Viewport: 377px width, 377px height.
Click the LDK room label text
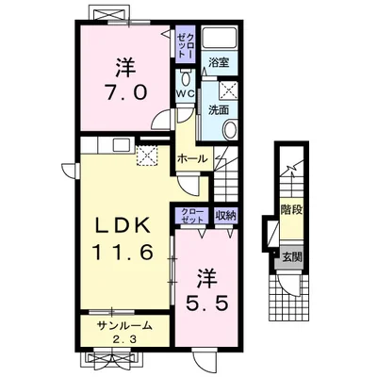123,225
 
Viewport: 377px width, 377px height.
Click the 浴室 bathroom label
219,62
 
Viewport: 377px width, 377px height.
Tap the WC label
186,93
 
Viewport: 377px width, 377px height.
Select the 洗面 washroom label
219,110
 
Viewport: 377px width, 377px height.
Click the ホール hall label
192,159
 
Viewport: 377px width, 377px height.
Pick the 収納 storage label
226,216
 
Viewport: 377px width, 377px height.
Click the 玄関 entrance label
292,257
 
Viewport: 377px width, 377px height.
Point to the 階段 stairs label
292,209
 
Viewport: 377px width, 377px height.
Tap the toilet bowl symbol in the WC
186,77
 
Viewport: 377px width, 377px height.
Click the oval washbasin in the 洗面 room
231,130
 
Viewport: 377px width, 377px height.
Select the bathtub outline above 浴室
220,38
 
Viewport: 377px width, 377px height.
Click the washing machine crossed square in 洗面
228,90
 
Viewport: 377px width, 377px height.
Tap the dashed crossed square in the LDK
147,156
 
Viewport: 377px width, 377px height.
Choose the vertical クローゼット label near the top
186,44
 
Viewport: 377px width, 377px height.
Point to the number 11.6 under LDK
123,253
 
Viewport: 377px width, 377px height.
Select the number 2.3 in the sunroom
125,339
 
